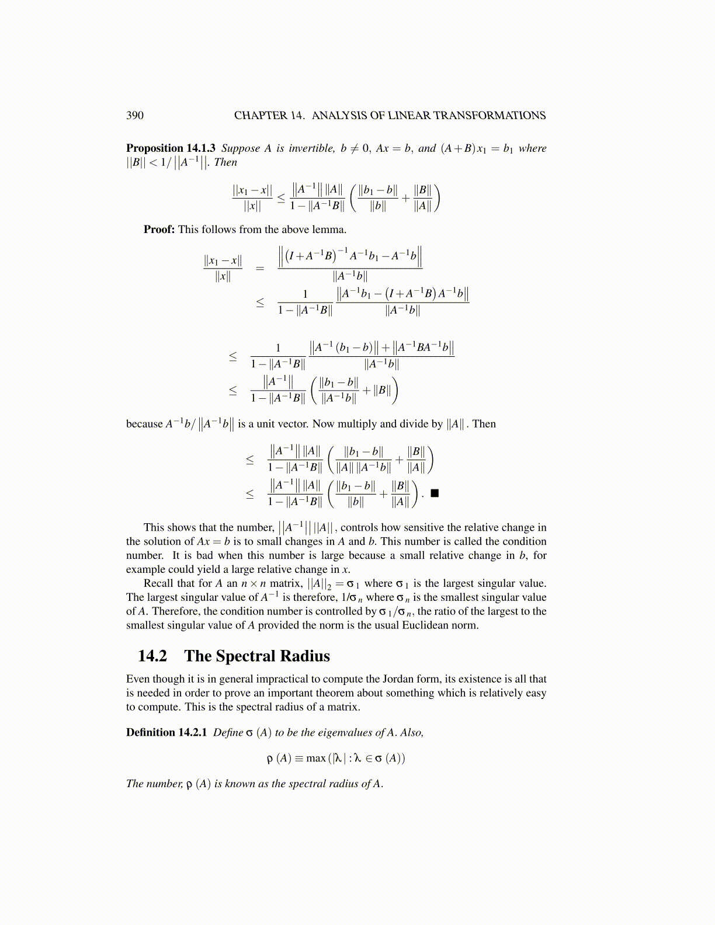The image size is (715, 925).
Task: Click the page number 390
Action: [x=135, y=115]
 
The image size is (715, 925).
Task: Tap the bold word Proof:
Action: [x=159, y=229]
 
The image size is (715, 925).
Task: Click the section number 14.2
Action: [x=152, y=656]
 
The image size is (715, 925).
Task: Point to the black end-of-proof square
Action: [x=434, y=493]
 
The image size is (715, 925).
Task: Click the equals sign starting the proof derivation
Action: [x=260, y=269]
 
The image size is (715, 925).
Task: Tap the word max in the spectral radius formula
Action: [x=315, y=758]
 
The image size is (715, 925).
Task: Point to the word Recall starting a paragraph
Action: [x=159, y=583]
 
